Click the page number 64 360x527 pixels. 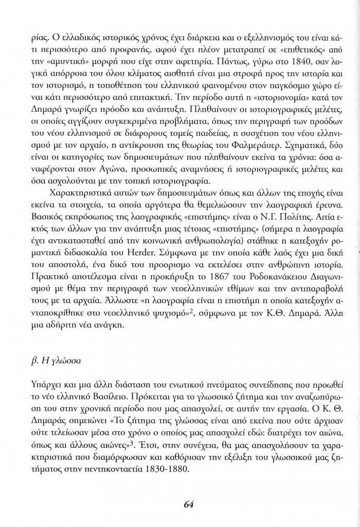pos(188,504)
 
